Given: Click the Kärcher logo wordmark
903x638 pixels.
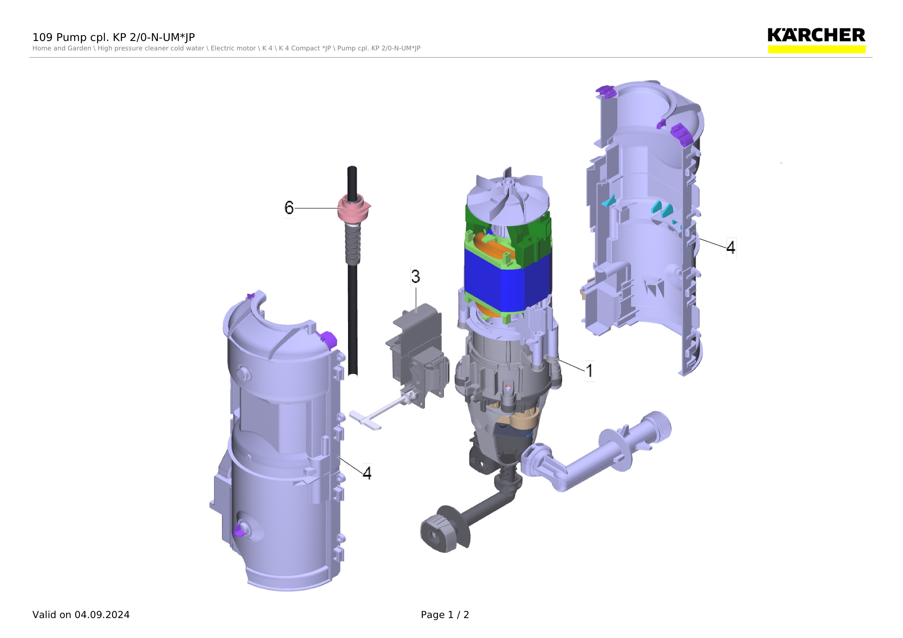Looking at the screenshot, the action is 816,35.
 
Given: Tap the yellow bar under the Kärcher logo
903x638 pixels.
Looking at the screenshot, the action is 816,49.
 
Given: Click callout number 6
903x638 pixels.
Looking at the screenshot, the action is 289,208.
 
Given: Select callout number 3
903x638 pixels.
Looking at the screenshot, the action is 416,276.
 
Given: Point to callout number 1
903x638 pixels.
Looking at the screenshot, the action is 589,371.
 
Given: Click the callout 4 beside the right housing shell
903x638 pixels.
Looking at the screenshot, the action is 731,248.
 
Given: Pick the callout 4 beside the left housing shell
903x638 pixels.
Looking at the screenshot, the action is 367,473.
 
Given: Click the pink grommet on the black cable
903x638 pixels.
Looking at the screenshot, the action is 354,208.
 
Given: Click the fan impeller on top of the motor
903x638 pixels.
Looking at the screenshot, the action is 507,196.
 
